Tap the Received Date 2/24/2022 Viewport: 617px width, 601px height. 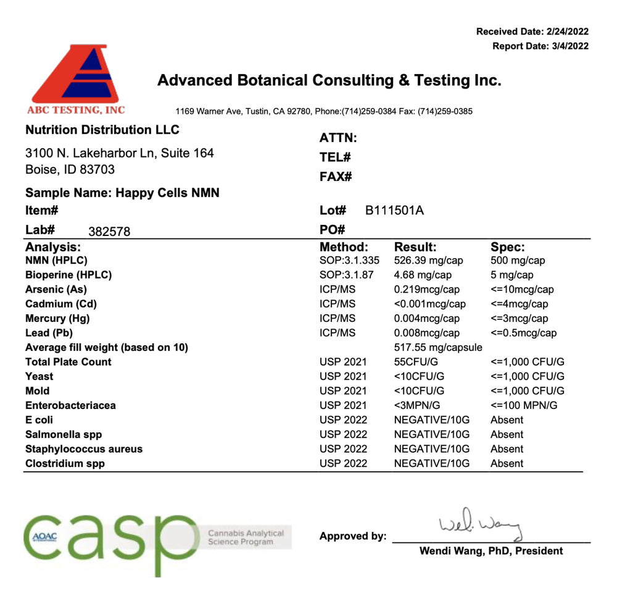click(532, 32)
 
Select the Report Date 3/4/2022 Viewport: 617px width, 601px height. click(540, 46)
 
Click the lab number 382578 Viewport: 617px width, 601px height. click(109, 232)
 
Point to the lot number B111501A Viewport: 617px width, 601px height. click(394, 211)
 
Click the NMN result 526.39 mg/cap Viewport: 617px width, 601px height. click(428, 261)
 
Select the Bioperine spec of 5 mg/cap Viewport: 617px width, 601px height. click(512, 275)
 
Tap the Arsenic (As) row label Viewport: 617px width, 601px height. click(56, 289)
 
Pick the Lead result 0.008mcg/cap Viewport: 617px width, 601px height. click(426, 333)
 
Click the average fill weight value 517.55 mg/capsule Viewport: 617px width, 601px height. click(437, 347)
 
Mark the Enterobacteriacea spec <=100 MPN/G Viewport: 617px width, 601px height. click(524, 405)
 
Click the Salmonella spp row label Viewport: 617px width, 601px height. click(64, 434)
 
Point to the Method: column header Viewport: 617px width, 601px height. click(344, 247)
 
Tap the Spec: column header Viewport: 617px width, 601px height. click(507, 247)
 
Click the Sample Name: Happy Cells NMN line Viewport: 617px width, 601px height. click(122, 193)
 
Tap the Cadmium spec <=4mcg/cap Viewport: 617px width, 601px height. click(519, 304)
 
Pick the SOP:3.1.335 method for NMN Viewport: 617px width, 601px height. click(349, 261)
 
